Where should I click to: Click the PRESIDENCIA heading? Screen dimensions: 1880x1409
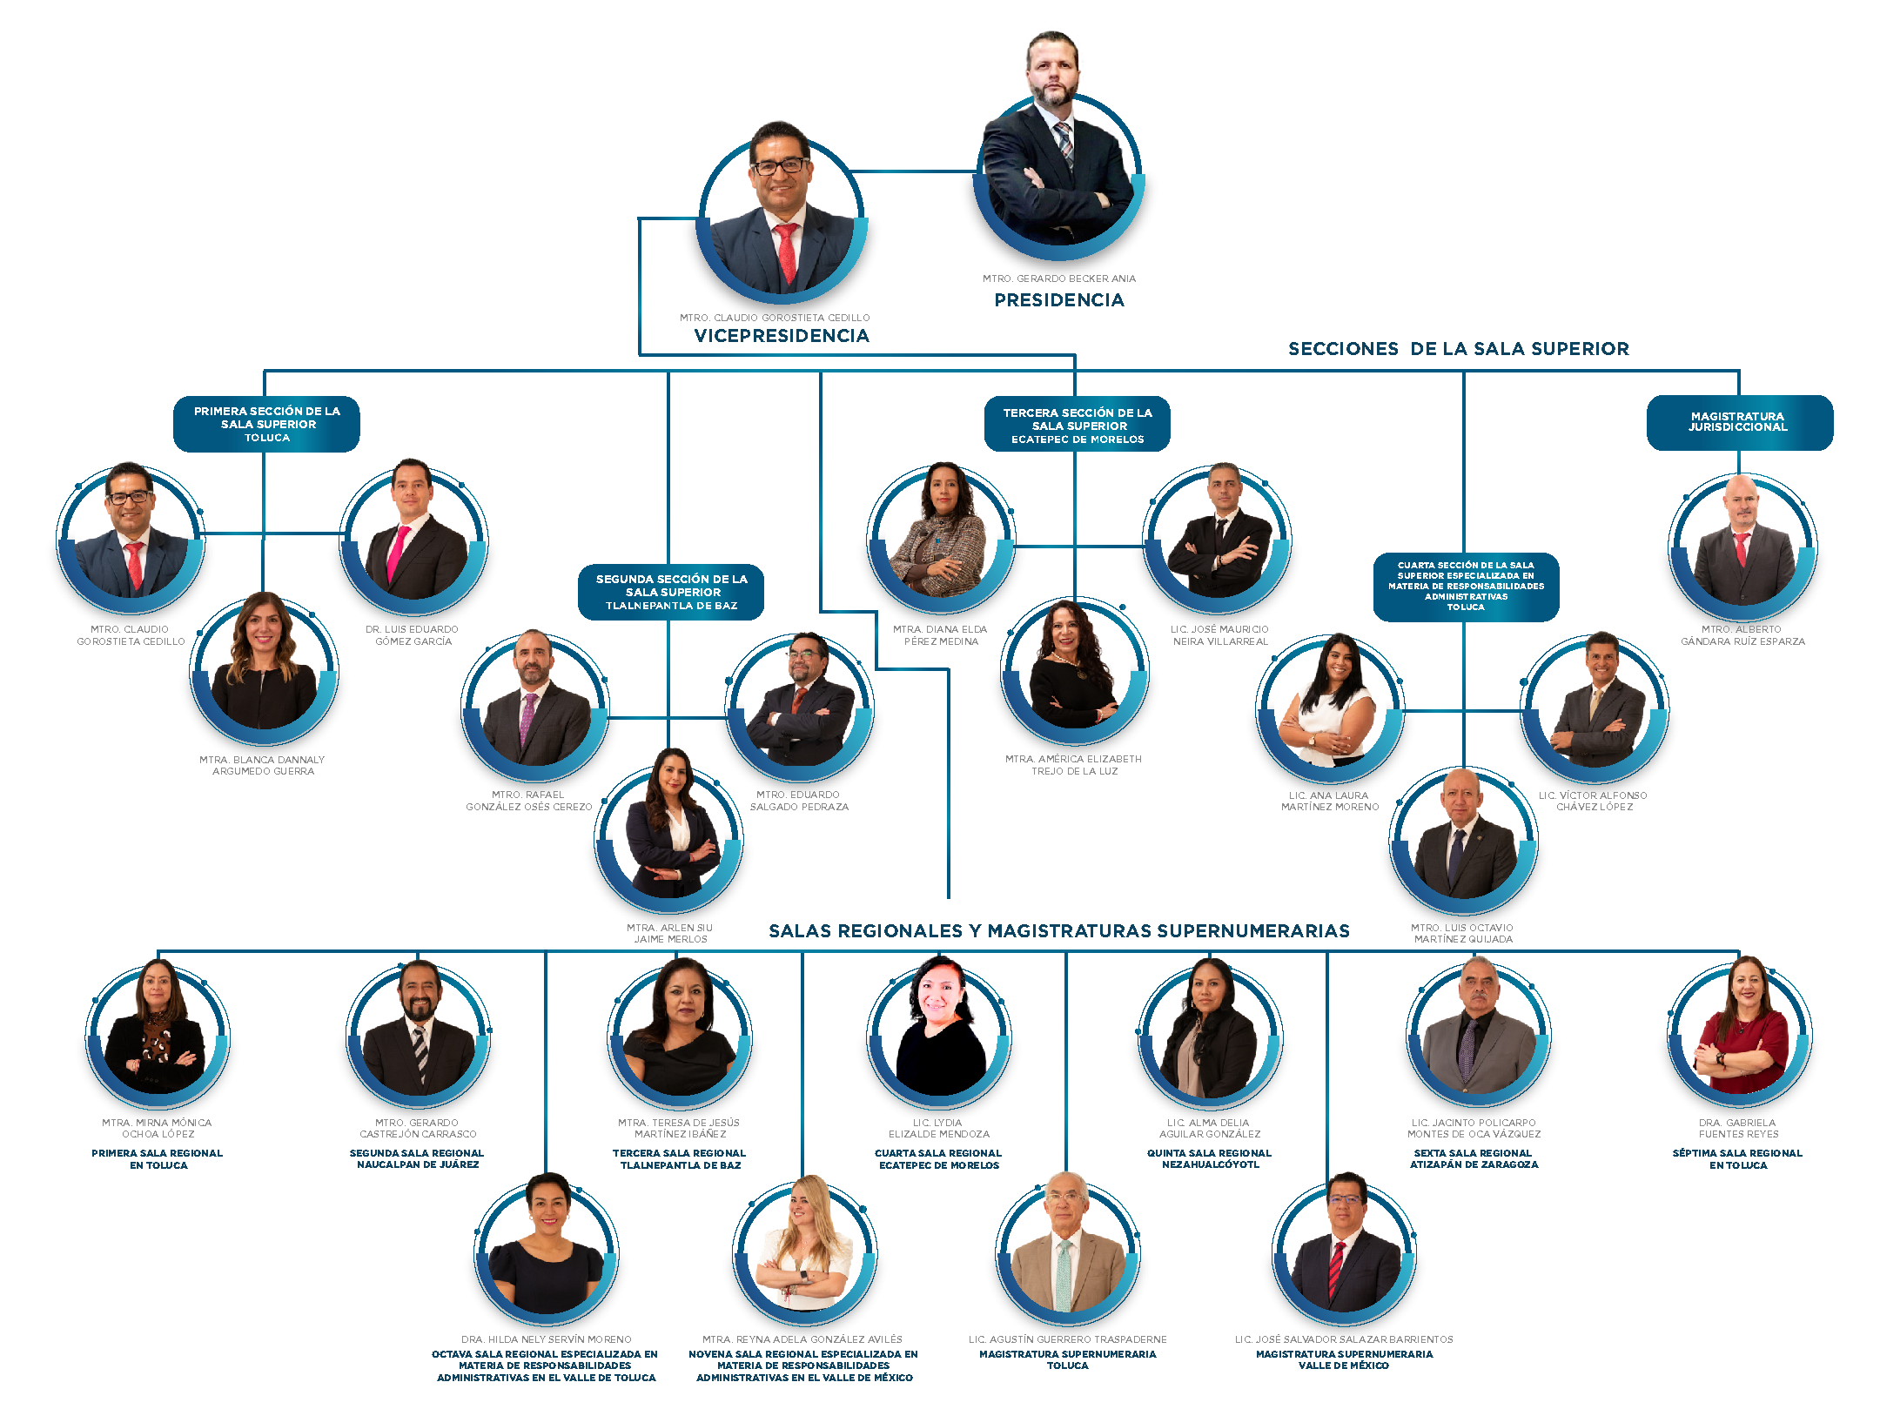coord(1059,300)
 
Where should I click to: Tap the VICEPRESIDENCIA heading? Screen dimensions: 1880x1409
coord(782,336)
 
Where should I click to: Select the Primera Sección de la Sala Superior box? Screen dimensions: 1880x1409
coord(266,424)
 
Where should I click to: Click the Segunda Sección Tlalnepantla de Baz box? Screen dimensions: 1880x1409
coord(671,592)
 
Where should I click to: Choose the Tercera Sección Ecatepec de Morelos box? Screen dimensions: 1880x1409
coord(1078,425)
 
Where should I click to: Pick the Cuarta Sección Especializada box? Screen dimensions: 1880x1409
coord(1466,587)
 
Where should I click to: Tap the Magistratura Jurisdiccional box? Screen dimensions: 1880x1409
coord(1740,422)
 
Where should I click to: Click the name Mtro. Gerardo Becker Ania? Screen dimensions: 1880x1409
coord(1059,278)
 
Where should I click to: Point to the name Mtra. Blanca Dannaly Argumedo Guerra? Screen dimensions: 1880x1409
coord(262,765)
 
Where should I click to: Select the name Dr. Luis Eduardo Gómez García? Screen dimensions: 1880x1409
coord(413,635)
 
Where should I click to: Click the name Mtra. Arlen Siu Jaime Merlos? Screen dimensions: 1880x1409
coord(670,933)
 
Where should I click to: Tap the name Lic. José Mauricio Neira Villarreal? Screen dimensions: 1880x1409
coord(1220,635)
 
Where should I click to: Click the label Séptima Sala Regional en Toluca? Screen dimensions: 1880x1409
coord(1737,1159)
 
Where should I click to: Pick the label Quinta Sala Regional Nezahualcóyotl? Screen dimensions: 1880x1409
coord(1210,1158)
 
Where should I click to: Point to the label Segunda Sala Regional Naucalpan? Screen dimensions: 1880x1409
coord(417,1158)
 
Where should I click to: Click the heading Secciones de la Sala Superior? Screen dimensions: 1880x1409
coord(1459,349)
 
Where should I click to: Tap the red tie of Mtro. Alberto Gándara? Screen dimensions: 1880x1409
coord(1741,549)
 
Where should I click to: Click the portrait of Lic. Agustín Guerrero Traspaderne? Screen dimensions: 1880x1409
coord(1068,1246)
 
